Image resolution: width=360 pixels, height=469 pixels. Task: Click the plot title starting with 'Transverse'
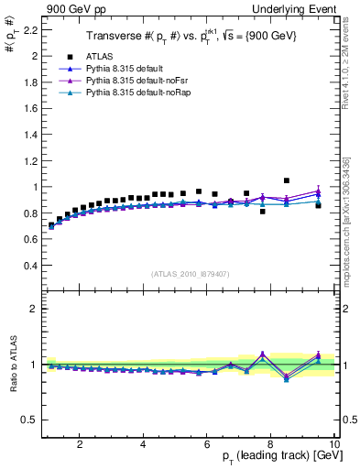(x=191, y=37)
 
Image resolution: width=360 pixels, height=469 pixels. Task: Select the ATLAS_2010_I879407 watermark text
(x=191, y=274)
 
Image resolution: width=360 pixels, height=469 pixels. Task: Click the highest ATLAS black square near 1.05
(x=287, y=180)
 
